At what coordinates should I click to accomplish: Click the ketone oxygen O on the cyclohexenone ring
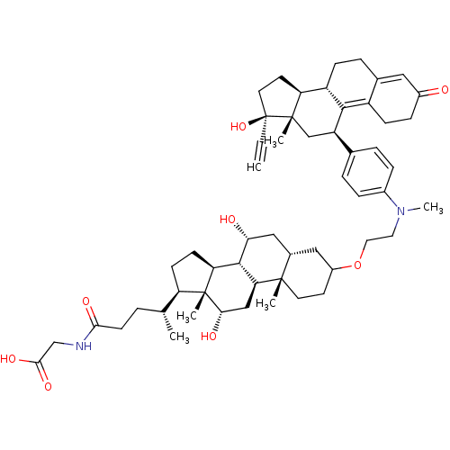[x=444, y=90]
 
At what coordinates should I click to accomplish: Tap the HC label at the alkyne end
[x=254, y=167]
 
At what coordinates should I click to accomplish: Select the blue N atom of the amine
[x=400, y=211]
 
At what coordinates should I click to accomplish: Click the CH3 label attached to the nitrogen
[x=433, y=208]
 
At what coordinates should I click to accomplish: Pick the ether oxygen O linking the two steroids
[x=357, y=265]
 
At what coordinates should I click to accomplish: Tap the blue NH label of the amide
[x=84, y=346]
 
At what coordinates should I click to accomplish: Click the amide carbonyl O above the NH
[x=86, y=301]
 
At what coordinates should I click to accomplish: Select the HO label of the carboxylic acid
[x=8, y=359]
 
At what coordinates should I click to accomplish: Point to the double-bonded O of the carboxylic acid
[x=48, y=386]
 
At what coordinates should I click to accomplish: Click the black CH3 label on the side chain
[x=179, y=337]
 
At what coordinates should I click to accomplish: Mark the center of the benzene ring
[x=367, y=172]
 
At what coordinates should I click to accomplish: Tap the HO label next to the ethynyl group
[x=238, y=127]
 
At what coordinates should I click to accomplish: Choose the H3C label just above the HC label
[x=274, y=141]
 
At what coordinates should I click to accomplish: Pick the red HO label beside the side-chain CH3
[x=209, y=336]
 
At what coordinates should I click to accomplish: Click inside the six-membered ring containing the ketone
[x=395, y=98]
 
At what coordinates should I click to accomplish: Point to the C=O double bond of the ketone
[x=430, y=93]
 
